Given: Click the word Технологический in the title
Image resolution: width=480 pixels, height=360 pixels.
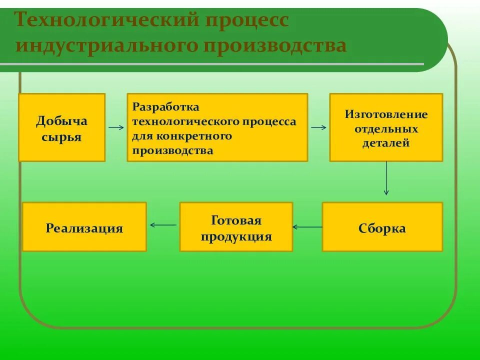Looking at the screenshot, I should (x=105, y=20).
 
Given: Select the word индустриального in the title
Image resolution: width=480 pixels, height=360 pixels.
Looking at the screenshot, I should (x=105, y=45).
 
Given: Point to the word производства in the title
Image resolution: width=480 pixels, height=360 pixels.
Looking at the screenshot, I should (x=274, y=45).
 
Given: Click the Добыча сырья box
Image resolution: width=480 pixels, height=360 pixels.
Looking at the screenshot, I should (x=62, y=127).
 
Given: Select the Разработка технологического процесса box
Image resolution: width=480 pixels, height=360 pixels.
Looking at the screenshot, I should (x=217, y=127).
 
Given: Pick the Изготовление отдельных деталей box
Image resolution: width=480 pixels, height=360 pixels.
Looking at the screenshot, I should (x=386, y=127).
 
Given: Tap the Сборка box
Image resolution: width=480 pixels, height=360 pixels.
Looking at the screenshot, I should (x=382, y=226).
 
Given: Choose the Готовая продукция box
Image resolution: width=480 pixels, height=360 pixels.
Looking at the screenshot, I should (x=236, y=226).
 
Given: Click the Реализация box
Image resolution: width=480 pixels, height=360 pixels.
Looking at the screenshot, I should (x=84, y=226).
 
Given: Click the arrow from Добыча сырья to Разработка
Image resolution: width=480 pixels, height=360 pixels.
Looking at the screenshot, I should (x=116, y=127).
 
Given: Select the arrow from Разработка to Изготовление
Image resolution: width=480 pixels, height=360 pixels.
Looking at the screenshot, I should (x=318, y=127).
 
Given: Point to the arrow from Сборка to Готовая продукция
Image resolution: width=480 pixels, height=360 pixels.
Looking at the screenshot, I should (x=307, y=227).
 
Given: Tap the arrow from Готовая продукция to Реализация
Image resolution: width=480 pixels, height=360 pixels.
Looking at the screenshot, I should (x=163, y=225).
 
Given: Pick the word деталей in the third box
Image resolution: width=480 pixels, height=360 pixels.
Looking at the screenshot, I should (x=386, y=143).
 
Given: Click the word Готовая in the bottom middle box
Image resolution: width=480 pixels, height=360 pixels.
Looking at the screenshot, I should (x=236, y=220).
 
